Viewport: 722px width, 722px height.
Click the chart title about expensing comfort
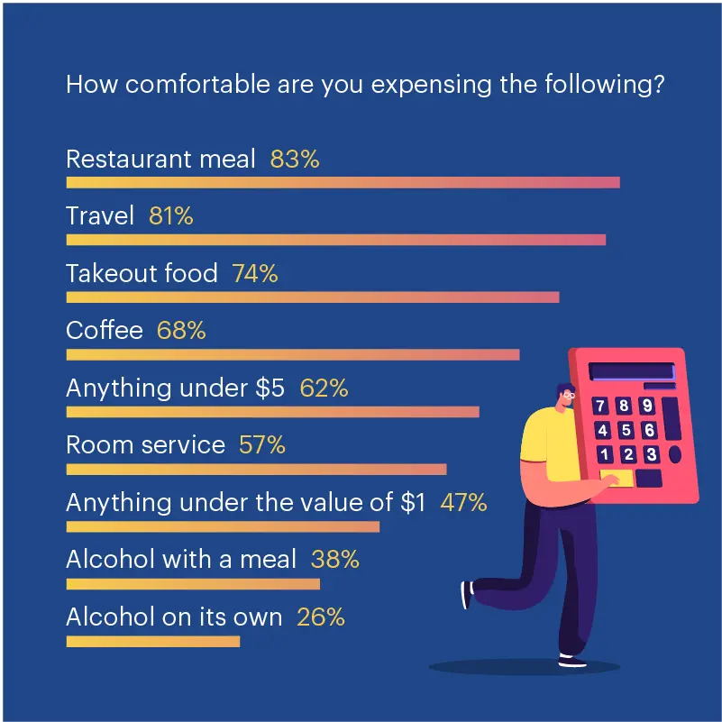tap(365, 86)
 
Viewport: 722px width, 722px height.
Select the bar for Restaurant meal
tap(343, 182)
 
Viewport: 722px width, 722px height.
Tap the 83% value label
tap(295, 160)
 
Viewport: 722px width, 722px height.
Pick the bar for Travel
tap(335, 240)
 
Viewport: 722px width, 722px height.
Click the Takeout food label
tap(142, 274)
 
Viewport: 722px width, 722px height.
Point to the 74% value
tap(255, 274)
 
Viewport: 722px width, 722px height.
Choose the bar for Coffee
tap(292, 354)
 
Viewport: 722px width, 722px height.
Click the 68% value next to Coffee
tap(181, 331)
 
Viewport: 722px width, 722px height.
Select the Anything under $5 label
tap(175, 388)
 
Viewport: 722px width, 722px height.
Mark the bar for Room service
tap(256, 469)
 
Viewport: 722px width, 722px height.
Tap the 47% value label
tap(463, 503)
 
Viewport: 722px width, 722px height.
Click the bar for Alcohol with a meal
tap(193, 584)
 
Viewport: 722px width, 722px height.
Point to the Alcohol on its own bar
tap(153, 641)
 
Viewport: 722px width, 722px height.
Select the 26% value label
tap(321, 617)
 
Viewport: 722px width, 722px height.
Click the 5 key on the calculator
tap(626, 431)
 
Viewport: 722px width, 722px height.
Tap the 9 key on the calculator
tap(646, 407)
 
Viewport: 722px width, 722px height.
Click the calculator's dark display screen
tap(631, 371)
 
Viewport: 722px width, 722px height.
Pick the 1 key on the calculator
tap(605, 454)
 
